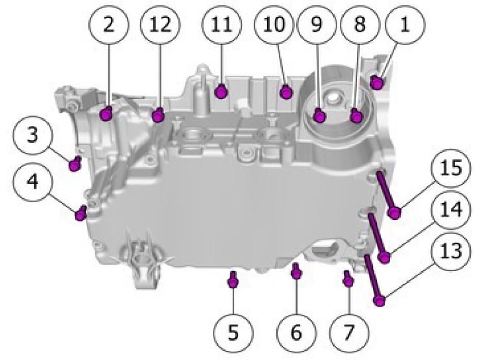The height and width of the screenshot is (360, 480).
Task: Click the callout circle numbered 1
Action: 405,24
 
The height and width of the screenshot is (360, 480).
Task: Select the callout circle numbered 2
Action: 109,24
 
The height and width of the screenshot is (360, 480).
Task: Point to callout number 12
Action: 161,24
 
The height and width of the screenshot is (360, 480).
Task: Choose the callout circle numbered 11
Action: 221,24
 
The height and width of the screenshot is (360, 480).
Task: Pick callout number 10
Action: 275,24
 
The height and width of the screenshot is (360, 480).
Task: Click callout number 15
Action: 451,168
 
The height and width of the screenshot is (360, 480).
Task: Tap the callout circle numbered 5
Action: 234,332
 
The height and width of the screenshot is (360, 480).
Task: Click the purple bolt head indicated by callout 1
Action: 378,82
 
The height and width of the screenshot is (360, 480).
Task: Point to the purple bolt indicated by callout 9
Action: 319,116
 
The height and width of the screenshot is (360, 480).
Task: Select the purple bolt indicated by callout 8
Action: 357,116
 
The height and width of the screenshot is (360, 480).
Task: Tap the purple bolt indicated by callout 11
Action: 221,91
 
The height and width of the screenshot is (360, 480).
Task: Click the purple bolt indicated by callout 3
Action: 75,164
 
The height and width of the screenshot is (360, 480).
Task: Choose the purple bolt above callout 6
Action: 296,271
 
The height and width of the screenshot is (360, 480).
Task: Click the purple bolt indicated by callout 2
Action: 106,114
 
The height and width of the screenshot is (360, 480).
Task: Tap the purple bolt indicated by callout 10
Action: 286,91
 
